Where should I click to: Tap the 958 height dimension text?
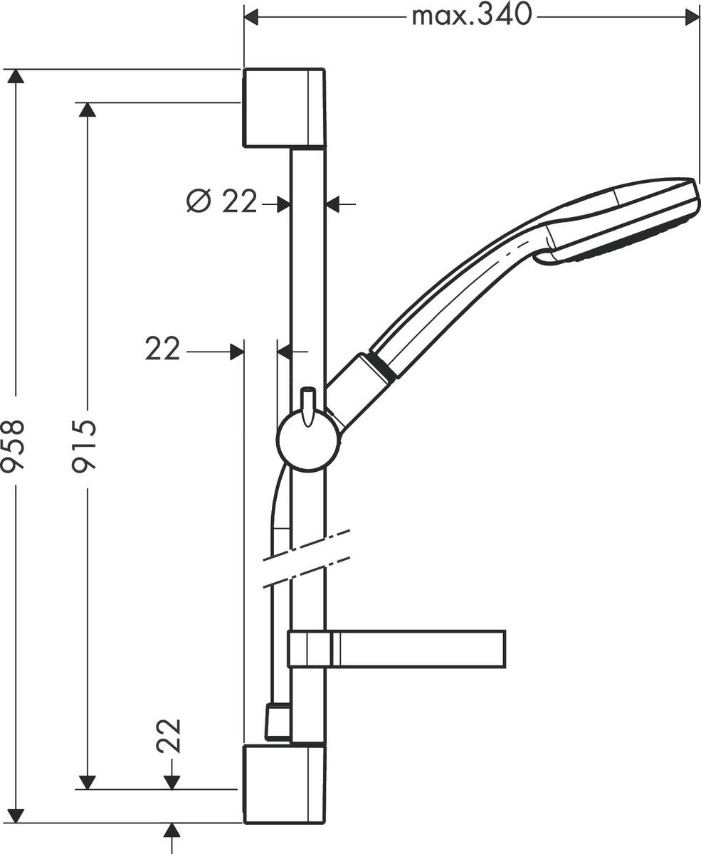pyautogui.click(x=14, y=445)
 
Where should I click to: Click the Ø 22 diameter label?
pyautogui.click(x=221, y=202)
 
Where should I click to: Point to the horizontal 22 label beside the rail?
pyautogui.click(x=163, y=349)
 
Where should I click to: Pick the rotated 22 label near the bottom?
pyautogui.click(x=170, y=737)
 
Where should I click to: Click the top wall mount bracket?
pyautogui.click(x=284, y=108)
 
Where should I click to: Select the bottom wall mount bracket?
pyautogui.click(x=284, y=784)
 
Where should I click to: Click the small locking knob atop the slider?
pyautogui.click(x=307, y=402)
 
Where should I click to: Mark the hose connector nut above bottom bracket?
pyautogui.click(x=278, y=722)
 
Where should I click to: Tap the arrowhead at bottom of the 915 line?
pyautogui.click(x=87, y=782)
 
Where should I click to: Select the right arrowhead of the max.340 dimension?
pyautogui.click(x=692, y=16)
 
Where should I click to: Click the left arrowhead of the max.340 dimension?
pyautogui.click(x=251, y=16)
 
